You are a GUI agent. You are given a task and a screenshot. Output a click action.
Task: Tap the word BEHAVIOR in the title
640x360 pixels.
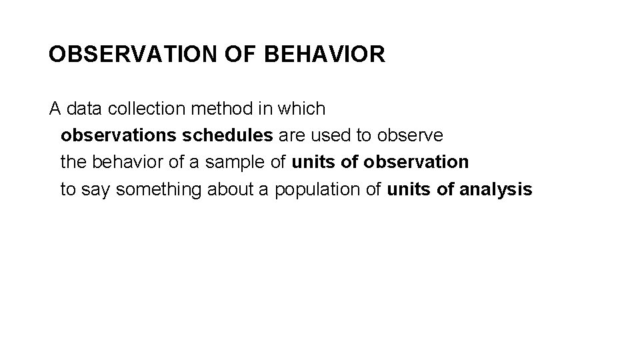(x=325, y=54)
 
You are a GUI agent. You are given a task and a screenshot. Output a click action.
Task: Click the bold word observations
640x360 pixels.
(x=119, y=135)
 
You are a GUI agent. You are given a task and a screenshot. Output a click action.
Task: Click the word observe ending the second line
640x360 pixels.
(x=409, y=135)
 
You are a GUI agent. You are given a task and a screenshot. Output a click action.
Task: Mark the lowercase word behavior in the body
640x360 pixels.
(x=126, y=162)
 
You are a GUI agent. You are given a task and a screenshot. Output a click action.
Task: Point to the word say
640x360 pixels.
(x=97, y=189)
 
